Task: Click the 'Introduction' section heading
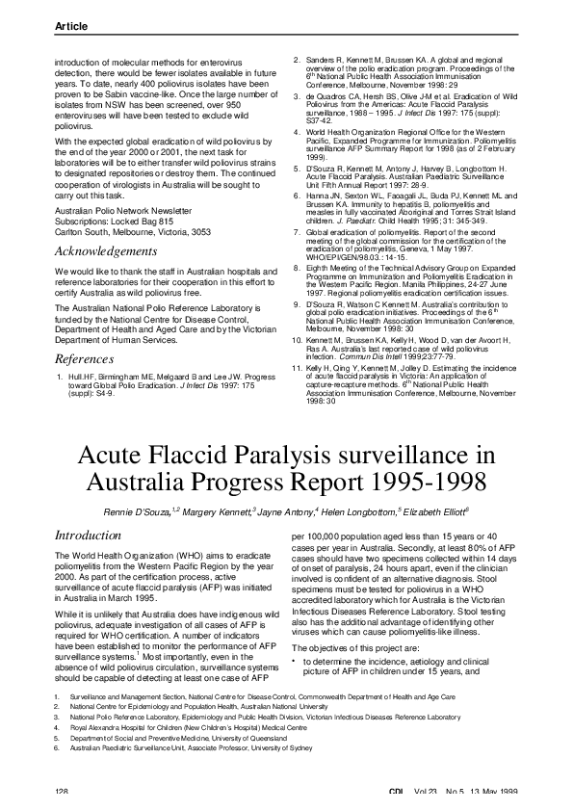click(88, 534)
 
